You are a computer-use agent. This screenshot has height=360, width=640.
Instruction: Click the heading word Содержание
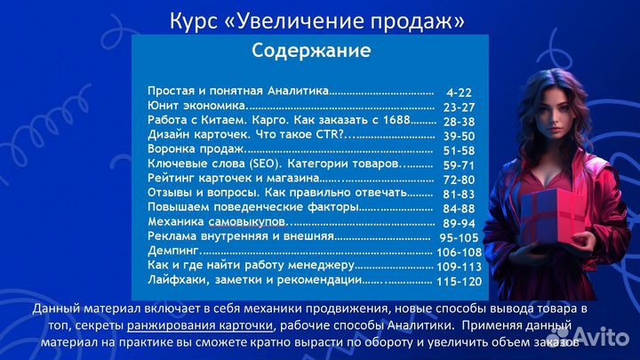[x=310, y=51]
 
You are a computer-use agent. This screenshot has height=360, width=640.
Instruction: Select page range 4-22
[x=460, y=92]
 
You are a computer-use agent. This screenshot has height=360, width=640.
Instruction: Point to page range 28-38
[x=459, y=121]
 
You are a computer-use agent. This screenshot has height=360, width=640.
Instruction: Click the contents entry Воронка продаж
[x=190, y=149]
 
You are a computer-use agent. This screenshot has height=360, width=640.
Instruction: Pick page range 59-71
[x=459, y=164]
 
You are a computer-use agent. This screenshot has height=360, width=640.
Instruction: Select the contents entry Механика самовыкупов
[x=217, y=221]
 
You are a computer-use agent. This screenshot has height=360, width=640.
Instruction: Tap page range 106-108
[x=459, y=252]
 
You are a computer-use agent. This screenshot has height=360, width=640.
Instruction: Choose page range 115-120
[x=459, y=281]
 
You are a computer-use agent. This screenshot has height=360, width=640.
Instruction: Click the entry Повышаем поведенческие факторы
[x=253, y=207]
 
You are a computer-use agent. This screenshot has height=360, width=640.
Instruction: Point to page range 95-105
[x=459, y=237]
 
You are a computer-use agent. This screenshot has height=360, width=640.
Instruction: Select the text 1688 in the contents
[x=395, y=121]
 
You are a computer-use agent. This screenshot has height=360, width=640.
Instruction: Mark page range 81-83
[x=459, y=194]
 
